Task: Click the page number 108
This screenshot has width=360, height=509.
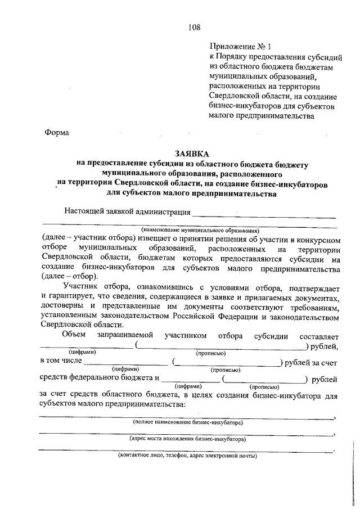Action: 195,26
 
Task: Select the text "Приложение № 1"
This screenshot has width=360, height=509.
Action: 237,47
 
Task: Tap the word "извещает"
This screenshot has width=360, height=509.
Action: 154,238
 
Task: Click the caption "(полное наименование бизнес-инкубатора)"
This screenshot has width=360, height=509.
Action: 187,421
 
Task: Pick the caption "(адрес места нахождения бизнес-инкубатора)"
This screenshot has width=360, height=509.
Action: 188,438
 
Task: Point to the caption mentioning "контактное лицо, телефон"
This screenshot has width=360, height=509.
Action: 187,456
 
